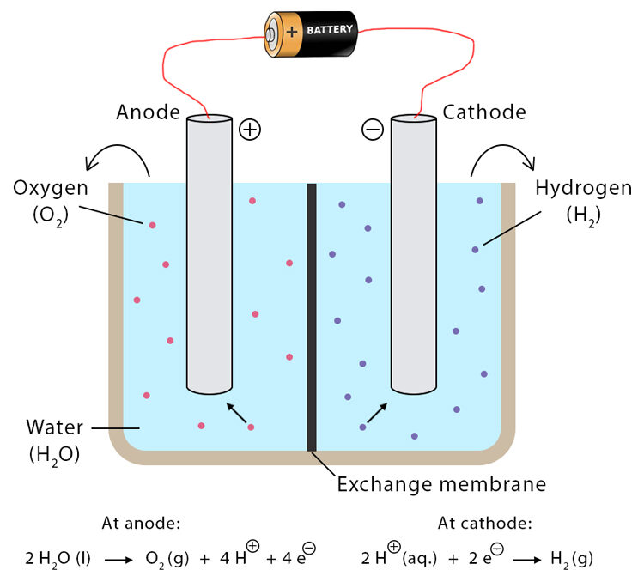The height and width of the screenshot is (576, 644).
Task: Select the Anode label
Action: pos(149,112)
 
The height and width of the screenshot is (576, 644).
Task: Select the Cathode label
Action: pos(483,112)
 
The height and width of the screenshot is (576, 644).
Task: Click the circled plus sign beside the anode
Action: pos(249,130)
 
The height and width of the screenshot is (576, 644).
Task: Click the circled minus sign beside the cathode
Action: pos(372,130)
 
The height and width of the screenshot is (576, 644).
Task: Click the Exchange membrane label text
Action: pos(440,484)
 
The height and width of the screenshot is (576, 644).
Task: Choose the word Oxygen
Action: pos(52,188)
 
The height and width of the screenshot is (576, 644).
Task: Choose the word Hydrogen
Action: pos(583,188)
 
